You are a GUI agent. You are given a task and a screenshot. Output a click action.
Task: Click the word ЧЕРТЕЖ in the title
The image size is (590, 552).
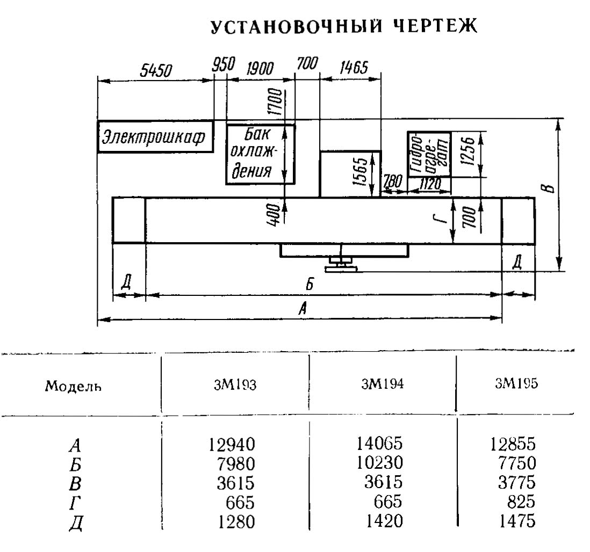click(x=435, y=26)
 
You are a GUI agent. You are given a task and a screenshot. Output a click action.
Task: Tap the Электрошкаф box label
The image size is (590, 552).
click(x=154, y=137)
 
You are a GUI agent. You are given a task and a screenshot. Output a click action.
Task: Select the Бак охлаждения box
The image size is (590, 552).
click(x=261, y=154)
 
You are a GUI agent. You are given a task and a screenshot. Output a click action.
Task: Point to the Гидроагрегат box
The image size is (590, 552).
click(x=429, y=154)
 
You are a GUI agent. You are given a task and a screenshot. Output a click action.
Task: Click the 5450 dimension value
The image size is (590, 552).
click(x=156, y=70)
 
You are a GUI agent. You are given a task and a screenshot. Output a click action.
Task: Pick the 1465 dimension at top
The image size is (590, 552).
click(x=354, y=68)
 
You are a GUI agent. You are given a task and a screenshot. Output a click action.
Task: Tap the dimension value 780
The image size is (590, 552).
click(x=392, y=182)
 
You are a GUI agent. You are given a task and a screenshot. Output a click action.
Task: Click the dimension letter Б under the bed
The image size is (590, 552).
click(x=310, y=284)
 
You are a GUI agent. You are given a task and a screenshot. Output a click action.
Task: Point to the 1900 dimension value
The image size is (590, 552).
click(x=260, y=69)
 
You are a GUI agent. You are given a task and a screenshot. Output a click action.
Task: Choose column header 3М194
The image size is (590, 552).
click(x=382, y=383)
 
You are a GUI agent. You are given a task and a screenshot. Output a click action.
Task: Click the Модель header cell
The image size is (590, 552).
click(x=73, y=386)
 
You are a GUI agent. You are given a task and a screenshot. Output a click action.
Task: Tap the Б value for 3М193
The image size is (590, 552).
click(x=236, y=463)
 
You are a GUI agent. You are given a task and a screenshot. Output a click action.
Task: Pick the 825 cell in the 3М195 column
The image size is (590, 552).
click(x=521, y=501)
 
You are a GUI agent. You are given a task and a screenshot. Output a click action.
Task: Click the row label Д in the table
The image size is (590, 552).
click(x=76, y=523)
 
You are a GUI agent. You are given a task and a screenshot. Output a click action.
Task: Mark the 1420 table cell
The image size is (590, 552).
click(x=384, y=521)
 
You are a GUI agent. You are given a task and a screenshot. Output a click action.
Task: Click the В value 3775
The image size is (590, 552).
click(x=516, y=482)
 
